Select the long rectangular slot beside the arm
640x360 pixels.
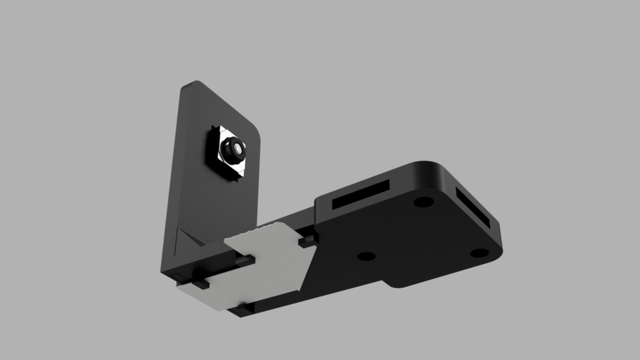coord(361,195)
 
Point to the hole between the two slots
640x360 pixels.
coord(423,202)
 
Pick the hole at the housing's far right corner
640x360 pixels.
coord(479,253)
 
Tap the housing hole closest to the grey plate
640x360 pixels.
coord(366,256)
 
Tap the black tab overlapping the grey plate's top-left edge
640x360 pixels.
coord(244,259)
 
